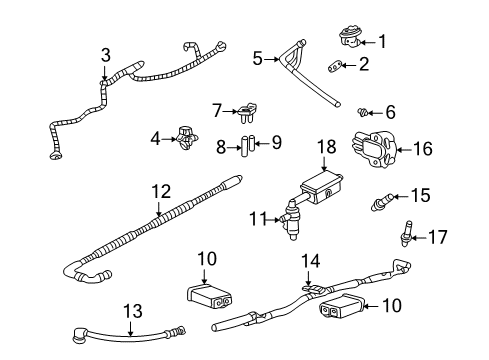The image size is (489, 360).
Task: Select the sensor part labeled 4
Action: [187, 139]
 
